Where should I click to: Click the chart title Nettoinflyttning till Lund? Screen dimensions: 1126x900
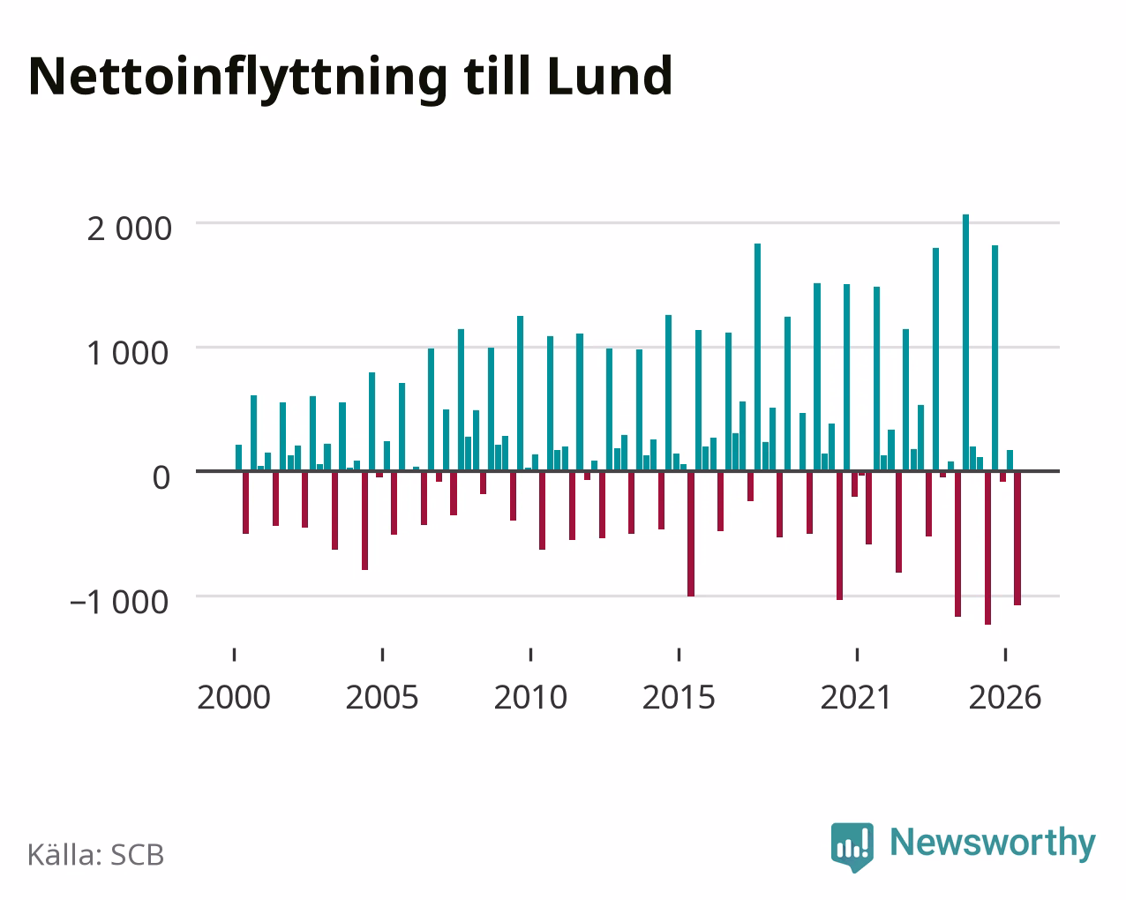pyautogui.click(x=350, y=78)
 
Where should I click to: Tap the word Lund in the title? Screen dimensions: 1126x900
pyautogui.click(x=610, y=76)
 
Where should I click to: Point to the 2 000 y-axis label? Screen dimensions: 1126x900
pyautogui.click(x=129, y=229)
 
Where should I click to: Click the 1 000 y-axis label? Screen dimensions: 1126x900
pyautogui.click(x=128, y=353)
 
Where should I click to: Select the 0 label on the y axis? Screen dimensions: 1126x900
pyautogui.click(x=161, y=477)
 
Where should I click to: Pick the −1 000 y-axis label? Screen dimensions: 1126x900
pyautogui.click(x=119, y=602)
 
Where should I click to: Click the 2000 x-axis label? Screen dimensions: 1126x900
pyautogui.click(x=234, y=697)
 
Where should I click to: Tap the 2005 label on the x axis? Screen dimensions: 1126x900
pyautogui.click(x=382, y=697)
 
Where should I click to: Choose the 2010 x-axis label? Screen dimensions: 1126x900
pyautogui.click(x=530, y=697)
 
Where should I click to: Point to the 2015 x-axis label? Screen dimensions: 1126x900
pyautogui.click(x=679, y=697)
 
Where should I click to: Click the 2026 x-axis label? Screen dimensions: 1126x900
pyautogui.click(x=1005, y=697)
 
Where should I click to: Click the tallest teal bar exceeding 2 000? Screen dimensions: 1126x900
pyautogui.click(x=966, y=342)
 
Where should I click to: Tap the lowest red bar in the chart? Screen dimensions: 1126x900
pyautogui.click(x=987, y=548)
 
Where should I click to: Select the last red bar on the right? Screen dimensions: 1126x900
pyautogui.click(x=1017, y=538)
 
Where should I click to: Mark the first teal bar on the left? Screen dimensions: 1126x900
pyautogui.click(x=238, y=458)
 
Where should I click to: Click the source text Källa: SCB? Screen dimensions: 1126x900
pyautogui.click(x=96, y=855)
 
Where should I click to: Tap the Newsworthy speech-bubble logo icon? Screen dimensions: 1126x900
pyautogui.click(x=852, y=847)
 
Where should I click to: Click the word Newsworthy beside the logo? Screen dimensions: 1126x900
pyautogui.click(x=993, y=843)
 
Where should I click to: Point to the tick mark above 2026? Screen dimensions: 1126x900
pyautogui.click(x=1005, y=655)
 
